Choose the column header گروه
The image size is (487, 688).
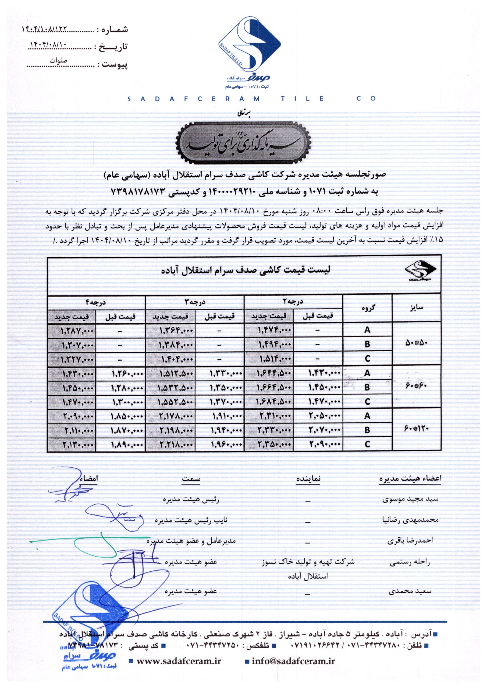click(367, 308)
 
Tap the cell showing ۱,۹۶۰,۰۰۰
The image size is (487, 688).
click(220, 445)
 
